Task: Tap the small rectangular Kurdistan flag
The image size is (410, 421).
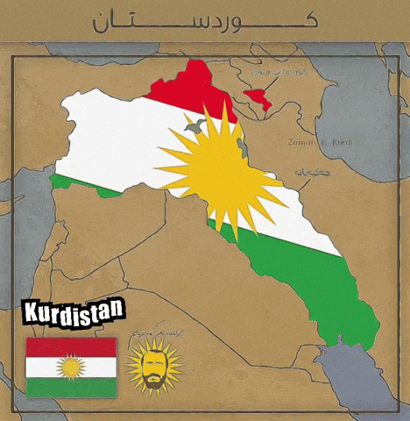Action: point(71,367)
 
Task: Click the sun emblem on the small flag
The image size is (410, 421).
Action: point(71,367)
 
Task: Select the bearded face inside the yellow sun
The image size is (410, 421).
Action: point(154,366)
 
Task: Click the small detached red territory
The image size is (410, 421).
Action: point(258,96)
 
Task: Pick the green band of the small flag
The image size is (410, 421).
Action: point(71,387)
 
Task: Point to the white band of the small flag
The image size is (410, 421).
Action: point(44,367)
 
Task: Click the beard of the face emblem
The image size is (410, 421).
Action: point(154,380)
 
